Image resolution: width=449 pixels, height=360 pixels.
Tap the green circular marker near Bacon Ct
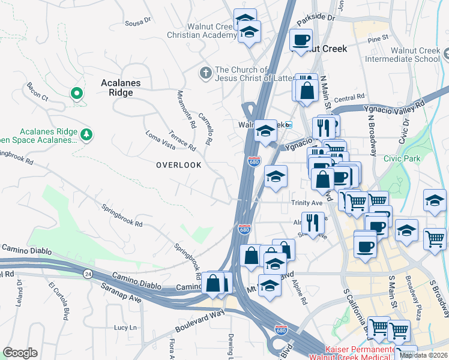pyautogui.click(x=76, y=94)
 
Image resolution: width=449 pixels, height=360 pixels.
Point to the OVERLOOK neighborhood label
pyautogui.click(x=178, y=164)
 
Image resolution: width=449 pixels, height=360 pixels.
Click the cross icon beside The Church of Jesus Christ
pyautogui.click(x=205, y=73)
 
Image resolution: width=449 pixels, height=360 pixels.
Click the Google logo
pyautogui.click(x=20, y=353)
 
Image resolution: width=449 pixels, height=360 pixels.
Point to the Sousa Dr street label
pyautogui.click(x=137, y=22)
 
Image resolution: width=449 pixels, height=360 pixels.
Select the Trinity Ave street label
pyautogui.click(x=307, y=203)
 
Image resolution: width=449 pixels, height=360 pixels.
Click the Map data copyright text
pyautogui.click(x=423, y=355)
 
